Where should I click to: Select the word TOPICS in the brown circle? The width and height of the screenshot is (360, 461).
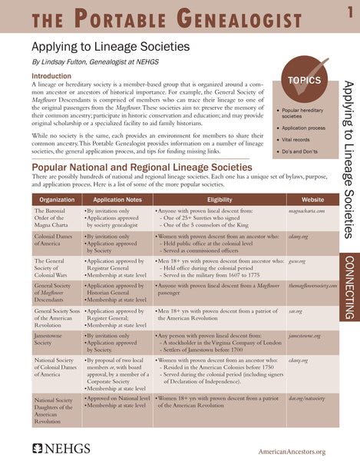304,81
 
